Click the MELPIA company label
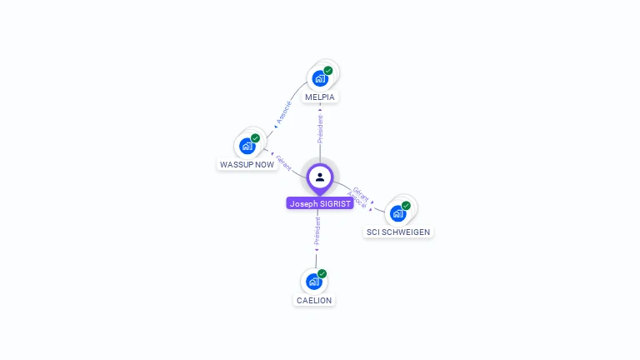pyautogui.click(x=320, y=97)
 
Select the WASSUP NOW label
pyautogui.click(x=247, y=164)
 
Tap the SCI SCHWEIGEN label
pyautogui.click(x=399, y=232)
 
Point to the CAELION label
pyautogui.click(x=314, y=300)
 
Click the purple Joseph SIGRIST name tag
pyautogui.click(x=320, y=203)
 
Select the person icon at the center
pyautogui.click(x=320, y=177)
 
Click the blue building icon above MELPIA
pyautogui.click(x=319, y=78)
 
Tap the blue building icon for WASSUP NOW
pyautogui.click(x=247, y=146)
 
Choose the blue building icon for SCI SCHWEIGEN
pyautogui.click(x=397, y=213)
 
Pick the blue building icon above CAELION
pyautogui.click(x=313, y=281)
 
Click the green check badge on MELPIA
pyautogui.click(x=328, y=71)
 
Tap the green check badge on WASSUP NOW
pyautogui.click(x=255, y=138)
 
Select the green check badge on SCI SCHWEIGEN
pyautogui.click(x=406, y=206)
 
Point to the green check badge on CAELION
pyautogui.click(x=322, y=273)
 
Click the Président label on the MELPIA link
pyautogui.click(x=320, y=129)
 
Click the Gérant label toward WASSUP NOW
pyautogui.click(x=283, y=162)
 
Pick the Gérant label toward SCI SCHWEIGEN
pyautogui.click(x=360, y=192)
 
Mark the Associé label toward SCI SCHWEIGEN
pyautogui.click(x=357, y=200)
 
